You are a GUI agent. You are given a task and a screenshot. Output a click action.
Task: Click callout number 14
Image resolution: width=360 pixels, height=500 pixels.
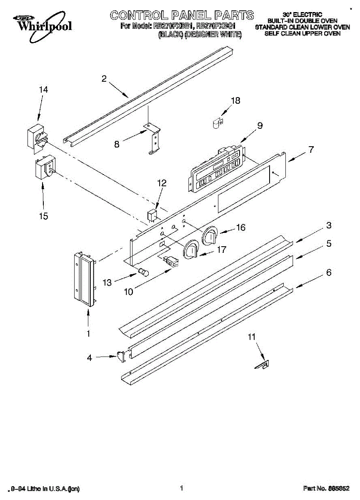click(43, 90)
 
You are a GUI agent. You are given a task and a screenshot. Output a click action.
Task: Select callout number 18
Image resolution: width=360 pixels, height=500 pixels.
click(235, 101)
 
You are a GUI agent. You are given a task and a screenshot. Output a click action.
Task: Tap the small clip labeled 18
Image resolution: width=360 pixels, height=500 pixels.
click(216, 123)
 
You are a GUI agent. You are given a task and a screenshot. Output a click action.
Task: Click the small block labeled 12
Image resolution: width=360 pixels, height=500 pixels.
click(152, 215)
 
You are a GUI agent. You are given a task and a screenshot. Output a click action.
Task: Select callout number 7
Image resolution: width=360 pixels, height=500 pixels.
click(311, 150)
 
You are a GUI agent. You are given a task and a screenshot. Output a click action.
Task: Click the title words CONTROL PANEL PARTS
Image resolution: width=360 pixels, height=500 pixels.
click(182, 15)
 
